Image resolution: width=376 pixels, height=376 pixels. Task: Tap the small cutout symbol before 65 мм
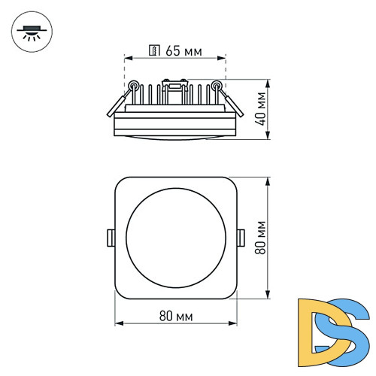click(153, 52)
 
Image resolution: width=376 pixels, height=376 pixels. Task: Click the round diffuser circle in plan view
click(176, 237)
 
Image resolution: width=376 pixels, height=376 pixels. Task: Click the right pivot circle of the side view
click(218, 84)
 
